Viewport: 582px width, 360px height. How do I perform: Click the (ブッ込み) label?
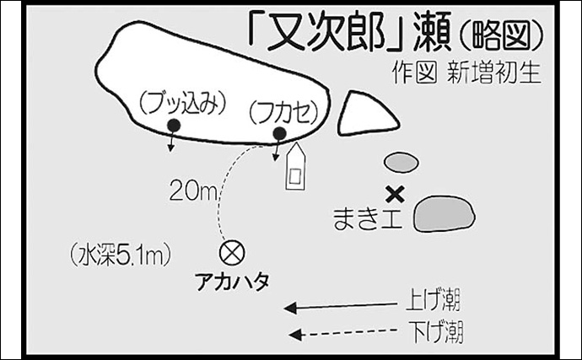tap(183, 104)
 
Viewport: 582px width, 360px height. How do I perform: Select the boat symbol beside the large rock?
tap(295, 168)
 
